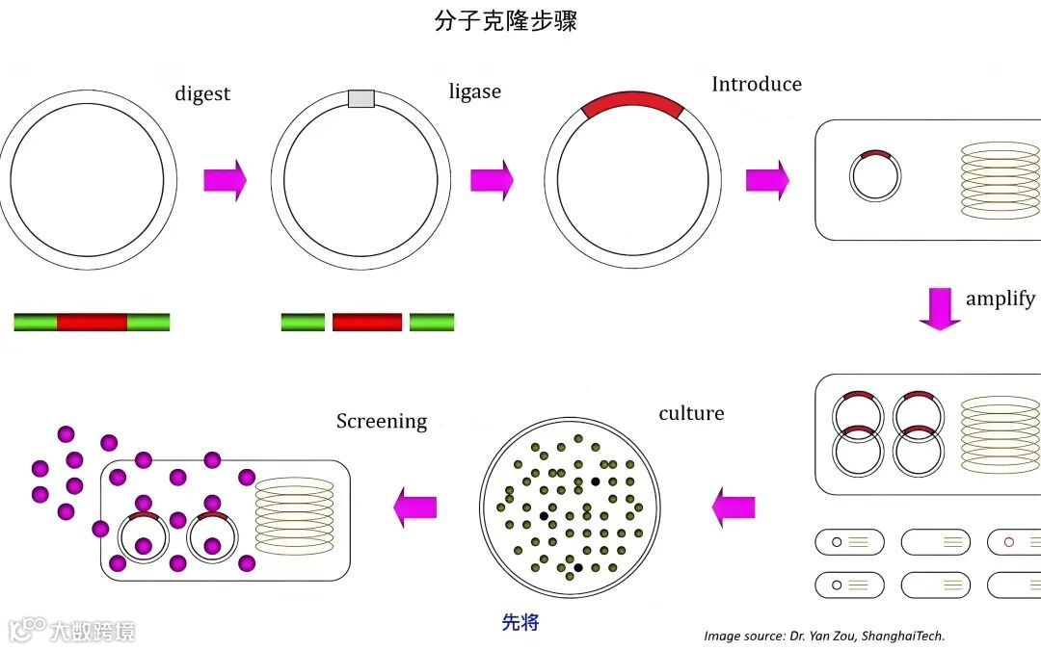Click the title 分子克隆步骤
pyautogui.click(x=505, y=21)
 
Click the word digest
pyautogui.click(x=202, y=93)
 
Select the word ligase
pyautogui.click(x=474, y=92)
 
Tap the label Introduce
pyautogui.click(x=756, y=84)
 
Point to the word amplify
pyautogui.click(x=1000, y=299)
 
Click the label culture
pyautogui.click(x=691, y=413)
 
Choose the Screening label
pyautogui.click(x=382, y=421)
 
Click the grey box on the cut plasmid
pyautogui.click(x=360, y=98)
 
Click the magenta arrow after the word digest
pyautogui.click(x=225, y=179)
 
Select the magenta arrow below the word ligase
pyautogui.click(x=492, y=179)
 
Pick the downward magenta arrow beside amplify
pyautogui.click(x=939, y=308)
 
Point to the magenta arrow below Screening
pyautogui.click(x=415, y=506)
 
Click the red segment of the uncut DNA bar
pyautogui.click(x=92, y=322)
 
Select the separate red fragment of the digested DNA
pyautogui.click(x=366, y=322)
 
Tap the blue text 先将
pyautogui.click(x=520, y=622)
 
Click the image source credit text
pyautogui.click(x=824, y=636)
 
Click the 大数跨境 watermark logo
pyautogui.click(x=72, y=631)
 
